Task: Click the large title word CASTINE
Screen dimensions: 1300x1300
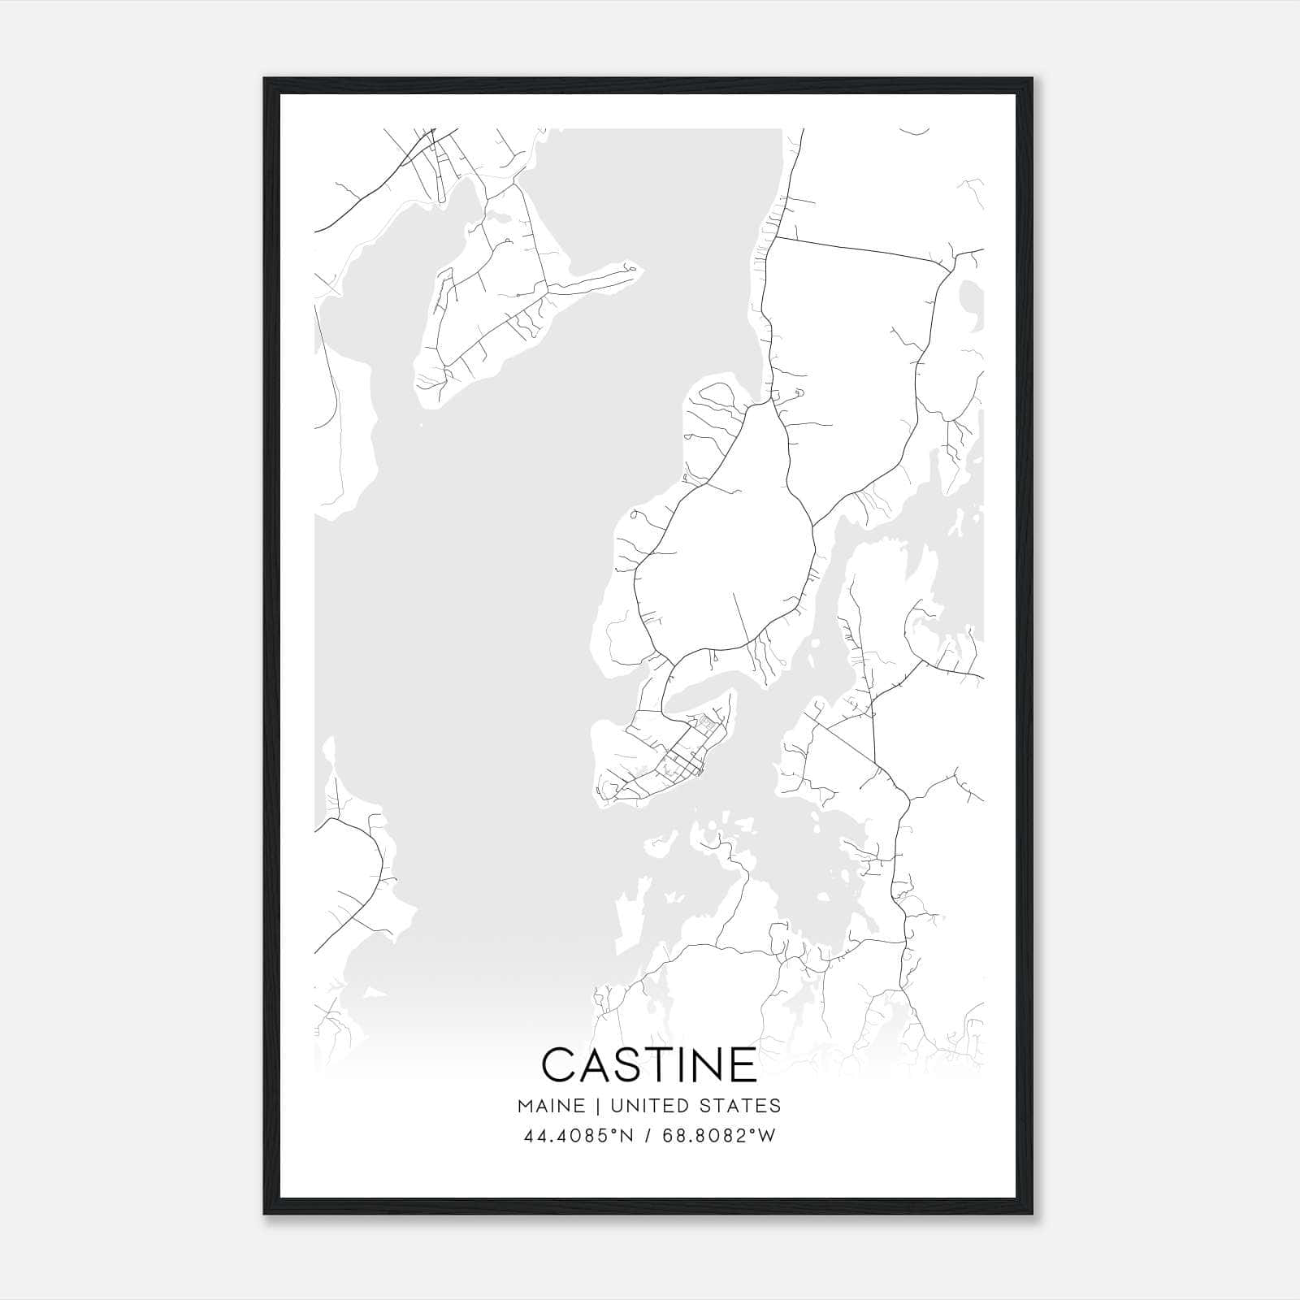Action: click(x=649, y=1064)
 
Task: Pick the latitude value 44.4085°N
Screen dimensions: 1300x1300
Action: click(x=578, y=1135)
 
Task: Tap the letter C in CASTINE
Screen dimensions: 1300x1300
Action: click(x=559, y=1064)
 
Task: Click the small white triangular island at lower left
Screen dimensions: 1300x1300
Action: click(x=373, y=993)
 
